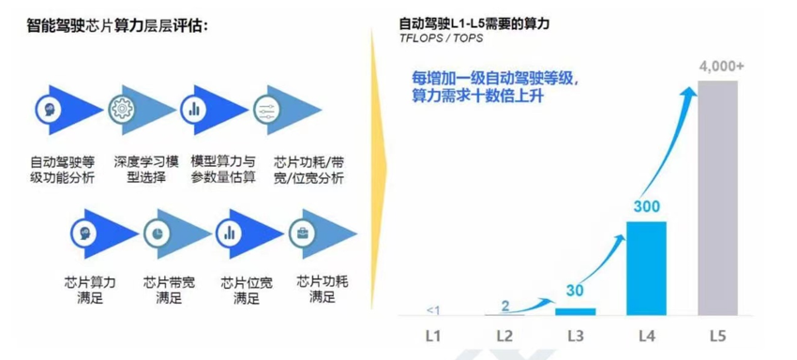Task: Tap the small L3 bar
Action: coord(575,310)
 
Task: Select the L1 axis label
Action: coord(433,335)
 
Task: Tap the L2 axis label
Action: coord(504,335)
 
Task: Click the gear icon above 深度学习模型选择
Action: coord(123,108)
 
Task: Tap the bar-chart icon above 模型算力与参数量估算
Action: coord(195,108)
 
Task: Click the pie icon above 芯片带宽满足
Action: coord(159,232)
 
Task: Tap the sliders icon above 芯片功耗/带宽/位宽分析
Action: coord(267,108)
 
